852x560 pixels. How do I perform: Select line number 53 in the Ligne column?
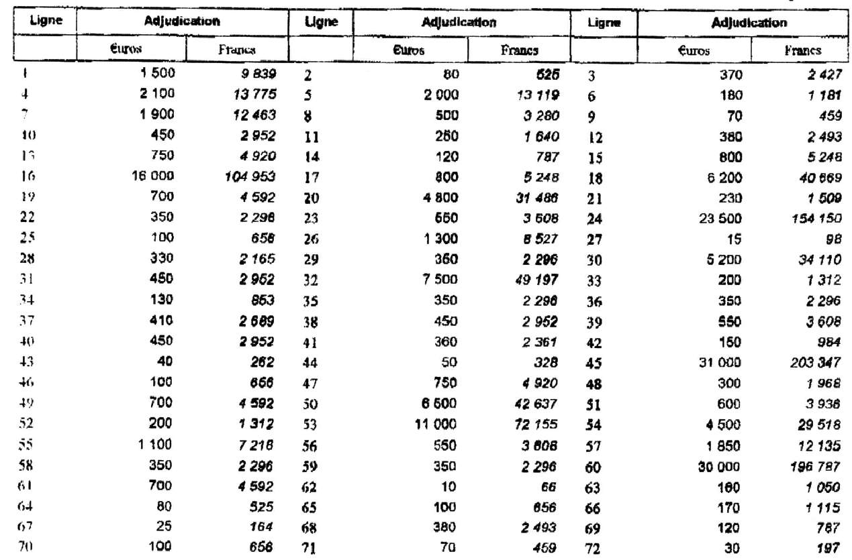tap(310, 426)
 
